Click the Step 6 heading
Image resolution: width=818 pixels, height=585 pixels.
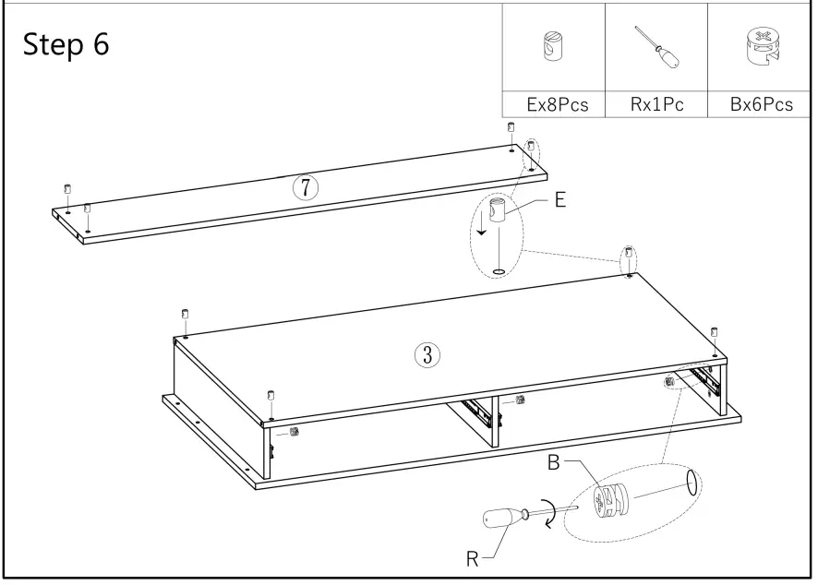66,45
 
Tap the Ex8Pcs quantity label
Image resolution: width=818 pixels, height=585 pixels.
558,104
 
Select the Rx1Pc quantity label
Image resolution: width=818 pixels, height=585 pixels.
656,104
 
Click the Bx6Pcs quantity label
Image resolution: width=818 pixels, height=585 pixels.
761,104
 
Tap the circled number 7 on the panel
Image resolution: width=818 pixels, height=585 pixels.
306,187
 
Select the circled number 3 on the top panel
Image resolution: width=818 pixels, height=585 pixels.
427,353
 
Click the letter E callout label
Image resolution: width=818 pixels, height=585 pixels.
559,199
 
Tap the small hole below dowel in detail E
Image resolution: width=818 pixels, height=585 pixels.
499,271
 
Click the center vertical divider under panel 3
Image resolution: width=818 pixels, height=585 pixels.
496,421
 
